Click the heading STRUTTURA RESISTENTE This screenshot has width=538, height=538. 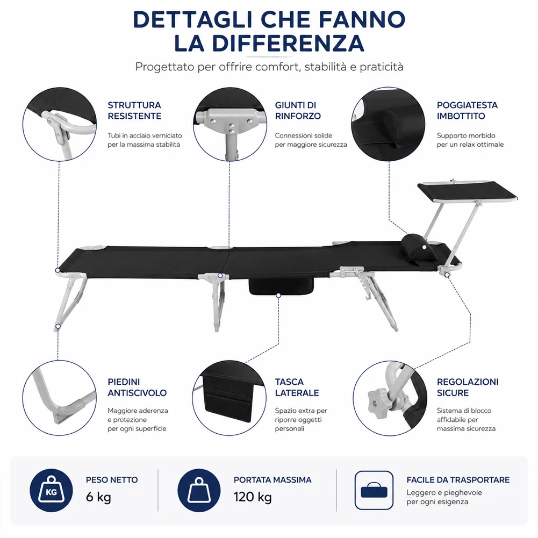(x=134, y=111)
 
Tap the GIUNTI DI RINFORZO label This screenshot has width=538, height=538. (x=297, y=111)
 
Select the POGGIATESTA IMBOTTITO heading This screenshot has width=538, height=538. (x=467, y=111)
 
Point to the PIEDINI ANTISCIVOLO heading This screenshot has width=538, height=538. (x=137, y=388)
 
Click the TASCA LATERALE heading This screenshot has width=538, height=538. (x=297, y=388)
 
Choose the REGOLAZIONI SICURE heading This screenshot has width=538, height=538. (x=467, y=388)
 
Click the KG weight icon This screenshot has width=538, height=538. (x=51, y=490)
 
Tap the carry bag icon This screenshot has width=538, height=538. (x=374, y=490)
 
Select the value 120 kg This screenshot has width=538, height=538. (x=253, y=497)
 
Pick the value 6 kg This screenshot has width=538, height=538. (x=98, y=497)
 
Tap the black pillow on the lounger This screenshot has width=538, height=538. (x=419, y=248)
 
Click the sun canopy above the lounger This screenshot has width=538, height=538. (x=467, y=191)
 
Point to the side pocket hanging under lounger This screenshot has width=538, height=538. (x=281, y=286)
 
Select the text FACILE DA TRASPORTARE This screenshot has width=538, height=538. (x=458, y=479)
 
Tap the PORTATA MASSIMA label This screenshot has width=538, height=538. (x=272, y=479)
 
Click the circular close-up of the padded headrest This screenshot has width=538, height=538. (x=388, y=124)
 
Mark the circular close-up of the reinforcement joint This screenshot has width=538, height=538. (x=230, y=124)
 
